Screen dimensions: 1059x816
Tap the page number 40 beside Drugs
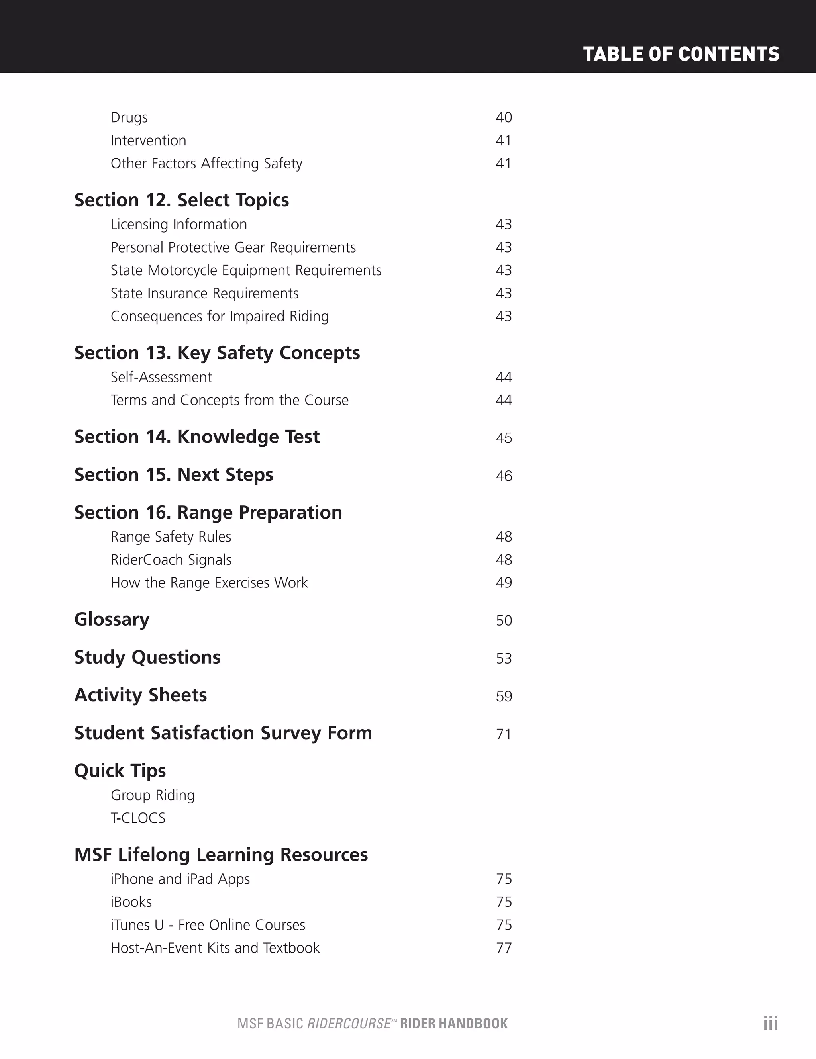click(x=504, y=117)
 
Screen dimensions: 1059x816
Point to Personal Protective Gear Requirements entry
click(x=233, y=247)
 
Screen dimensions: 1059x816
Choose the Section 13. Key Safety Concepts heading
click(x=217, y=353)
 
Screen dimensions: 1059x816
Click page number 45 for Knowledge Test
click(x=504, y=438)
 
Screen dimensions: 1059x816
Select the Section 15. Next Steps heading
click(x=174, y=475)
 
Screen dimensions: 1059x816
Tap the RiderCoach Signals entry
click(x=171, y=560)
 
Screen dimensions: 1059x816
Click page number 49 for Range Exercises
click(x=504, y=583)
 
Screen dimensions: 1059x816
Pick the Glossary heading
click(x=112, y=620)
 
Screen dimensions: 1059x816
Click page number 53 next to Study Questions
click(x=504, y=658)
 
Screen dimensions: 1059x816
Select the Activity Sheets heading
click(x=141, y=695)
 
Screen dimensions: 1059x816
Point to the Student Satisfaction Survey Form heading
click(x=223, y=733)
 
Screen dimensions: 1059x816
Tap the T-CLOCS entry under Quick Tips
click(x=138, y=818)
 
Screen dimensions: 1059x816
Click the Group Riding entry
click(x=152, y=795)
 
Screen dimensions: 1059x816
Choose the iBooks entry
click(x=131, y=902)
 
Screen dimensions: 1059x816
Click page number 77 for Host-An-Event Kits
click(x=504, y=948)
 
